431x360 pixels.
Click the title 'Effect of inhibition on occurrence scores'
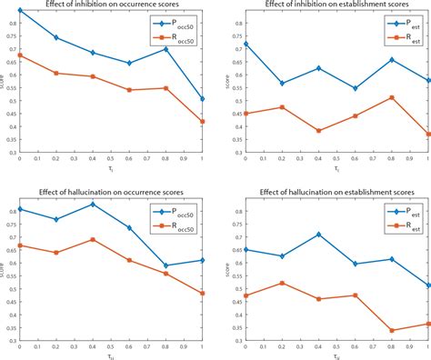coord(107,5)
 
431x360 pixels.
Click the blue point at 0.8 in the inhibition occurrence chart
coord(165,49)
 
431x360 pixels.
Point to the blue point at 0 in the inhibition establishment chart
coord(245,43)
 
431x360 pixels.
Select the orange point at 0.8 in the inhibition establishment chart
coord(390,97)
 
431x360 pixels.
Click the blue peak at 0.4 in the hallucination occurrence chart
coord(92,205)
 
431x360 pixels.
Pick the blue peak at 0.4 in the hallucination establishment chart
coord(317,235)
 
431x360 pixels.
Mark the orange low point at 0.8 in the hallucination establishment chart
coord(390,331)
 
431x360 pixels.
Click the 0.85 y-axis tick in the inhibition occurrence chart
coord(10,11)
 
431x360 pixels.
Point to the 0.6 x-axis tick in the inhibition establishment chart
coord(354,158)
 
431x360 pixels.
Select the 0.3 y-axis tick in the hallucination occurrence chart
coord(11,342)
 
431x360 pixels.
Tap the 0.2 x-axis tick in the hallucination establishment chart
coord(281,348)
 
